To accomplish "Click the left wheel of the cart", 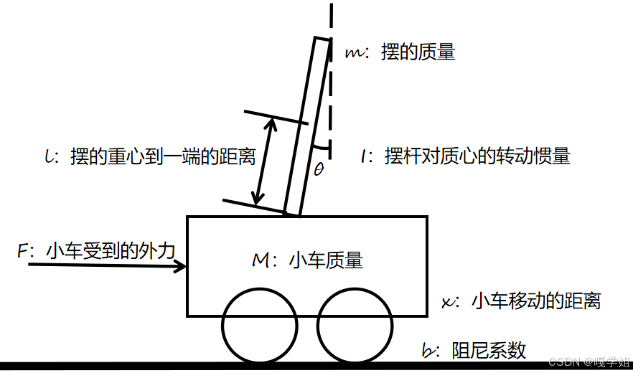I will [259, 326].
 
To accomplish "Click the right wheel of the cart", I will [354, 326].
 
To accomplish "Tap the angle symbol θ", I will [319, 169].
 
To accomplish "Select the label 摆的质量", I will [418, 52].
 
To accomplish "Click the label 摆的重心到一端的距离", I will [163, 156].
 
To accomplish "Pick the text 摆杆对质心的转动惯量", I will [477, 156].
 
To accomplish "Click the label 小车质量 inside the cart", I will [326, 260].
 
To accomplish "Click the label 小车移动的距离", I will [535, 301].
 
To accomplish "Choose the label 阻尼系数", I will [489, 350].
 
